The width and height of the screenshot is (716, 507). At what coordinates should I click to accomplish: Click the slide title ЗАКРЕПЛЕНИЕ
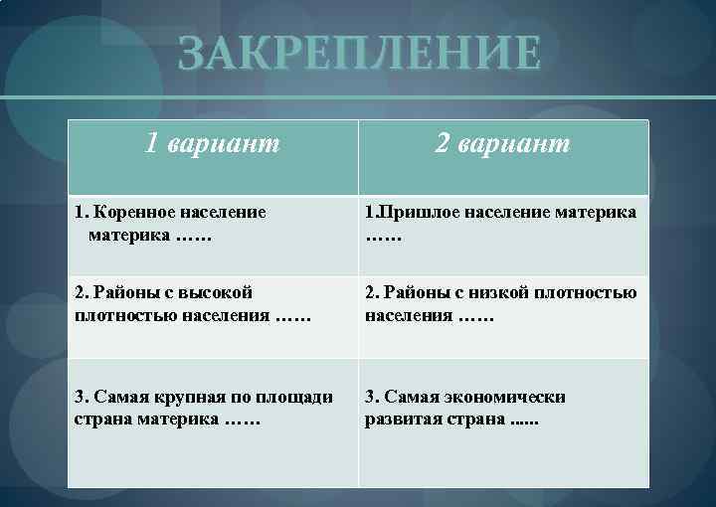click(x=360, y=53)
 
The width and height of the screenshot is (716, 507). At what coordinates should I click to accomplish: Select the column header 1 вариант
click(x=212, y=145)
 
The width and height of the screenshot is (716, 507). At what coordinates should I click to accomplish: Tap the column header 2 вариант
click(x=502, y=145)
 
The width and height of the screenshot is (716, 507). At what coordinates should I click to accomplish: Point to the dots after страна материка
click(x=244, y=422)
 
